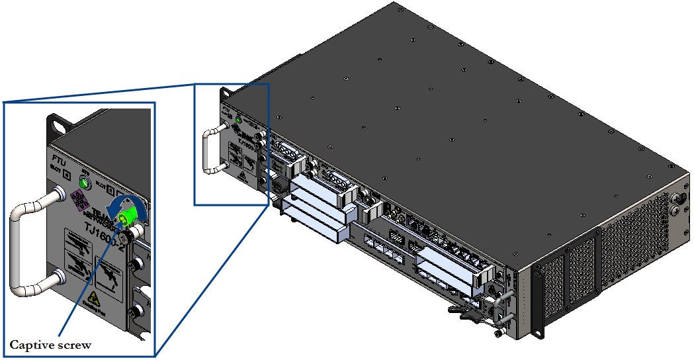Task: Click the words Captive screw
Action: tap(50, 345)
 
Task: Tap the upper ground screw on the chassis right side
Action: tap(677, 198)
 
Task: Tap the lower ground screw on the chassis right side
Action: tap(677, 211)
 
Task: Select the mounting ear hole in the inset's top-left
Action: tap(58, 122)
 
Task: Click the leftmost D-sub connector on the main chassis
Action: tap(284, 152)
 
